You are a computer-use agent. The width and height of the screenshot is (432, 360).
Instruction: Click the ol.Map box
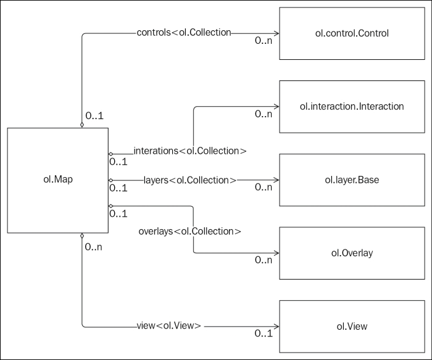coord(57,180)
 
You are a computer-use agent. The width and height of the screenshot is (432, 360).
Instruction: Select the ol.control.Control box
coord(352,33)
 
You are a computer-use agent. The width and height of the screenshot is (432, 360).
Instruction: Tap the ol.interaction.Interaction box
coord(352,106)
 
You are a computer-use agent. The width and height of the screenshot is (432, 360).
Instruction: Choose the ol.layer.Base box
coord(352,180)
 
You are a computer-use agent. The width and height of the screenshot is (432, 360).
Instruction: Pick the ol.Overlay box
coord(352,253)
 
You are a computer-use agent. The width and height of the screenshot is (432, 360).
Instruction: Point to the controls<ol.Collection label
coord(184,32)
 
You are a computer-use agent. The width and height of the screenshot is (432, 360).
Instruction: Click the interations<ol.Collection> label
coord(190,151)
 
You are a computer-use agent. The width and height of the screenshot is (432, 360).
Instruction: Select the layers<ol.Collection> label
coord(190,180)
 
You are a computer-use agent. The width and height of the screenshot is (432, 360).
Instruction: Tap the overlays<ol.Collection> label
coord(189,231)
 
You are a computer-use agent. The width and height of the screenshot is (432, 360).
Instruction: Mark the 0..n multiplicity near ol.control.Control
coord(264,41)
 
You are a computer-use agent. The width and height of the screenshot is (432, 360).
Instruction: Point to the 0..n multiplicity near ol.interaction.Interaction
coord(264,114)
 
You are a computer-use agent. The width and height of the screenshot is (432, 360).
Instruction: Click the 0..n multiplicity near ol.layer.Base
coord(264,188)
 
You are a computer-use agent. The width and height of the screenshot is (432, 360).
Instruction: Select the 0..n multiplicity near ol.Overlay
coord(264,261)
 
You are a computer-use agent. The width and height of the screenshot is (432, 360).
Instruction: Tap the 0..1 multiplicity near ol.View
coord(264,334)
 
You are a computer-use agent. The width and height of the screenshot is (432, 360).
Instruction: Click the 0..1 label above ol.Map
coord(94,115)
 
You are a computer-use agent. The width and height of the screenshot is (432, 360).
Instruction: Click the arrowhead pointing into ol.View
coord(276,325)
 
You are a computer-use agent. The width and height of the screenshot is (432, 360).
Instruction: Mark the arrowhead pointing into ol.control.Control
coord(276,33)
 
